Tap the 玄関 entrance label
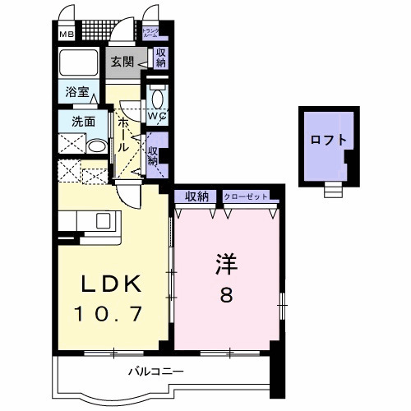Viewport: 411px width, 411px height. point(123,59)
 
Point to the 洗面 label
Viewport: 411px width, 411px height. point(72,121)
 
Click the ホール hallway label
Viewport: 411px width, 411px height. point(122,133)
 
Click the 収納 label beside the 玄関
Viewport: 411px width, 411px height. point(160,58)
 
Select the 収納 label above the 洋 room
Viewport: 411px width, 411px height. point(196,196)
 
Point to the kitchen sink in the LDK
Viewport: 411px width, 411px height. point(104,219)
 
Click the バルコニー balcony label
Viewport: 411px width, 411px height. point(155,372)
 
